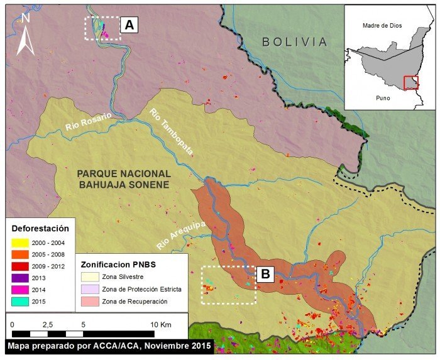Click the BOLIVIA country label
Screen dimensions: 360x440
tap(295, 42)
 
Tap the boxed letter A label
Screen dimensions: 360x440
tap(129, 25)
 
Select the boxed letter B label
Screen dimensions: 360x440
tap(265, 274)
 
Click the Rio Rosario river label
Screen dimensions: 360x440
tap(87, 122)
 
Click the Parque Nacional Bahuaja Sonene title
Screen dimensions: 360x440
tap(123, 179)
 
